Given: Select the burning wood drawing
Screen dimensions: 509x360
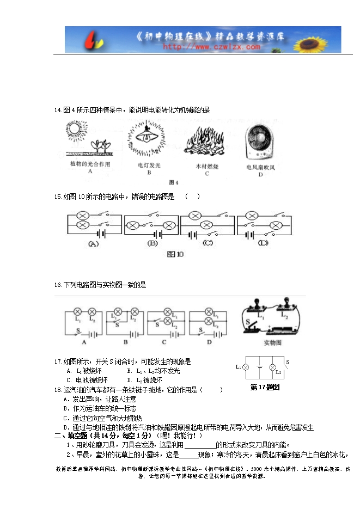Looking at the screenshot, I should pos(206,142).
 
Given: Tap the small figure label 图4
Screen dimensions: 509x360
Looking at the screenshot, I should pos(174,182).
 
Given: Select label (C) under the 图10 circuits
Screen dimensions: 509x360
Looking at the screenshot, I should pos(208,243).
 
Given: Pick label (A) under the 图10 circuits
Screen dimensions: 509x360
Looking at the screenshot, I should pos(94,244).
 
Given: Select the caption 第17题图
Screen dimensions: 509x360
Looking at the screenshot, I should pos(264,387).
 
